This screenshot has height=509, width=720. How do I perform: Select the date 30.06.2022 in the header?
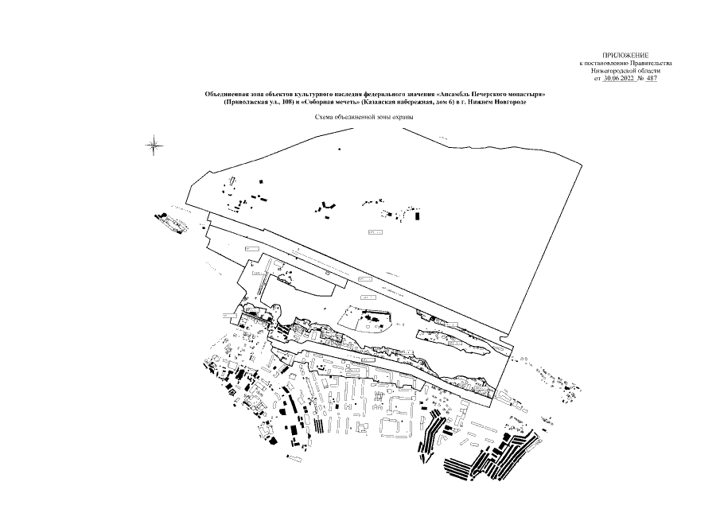point(621,78)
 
